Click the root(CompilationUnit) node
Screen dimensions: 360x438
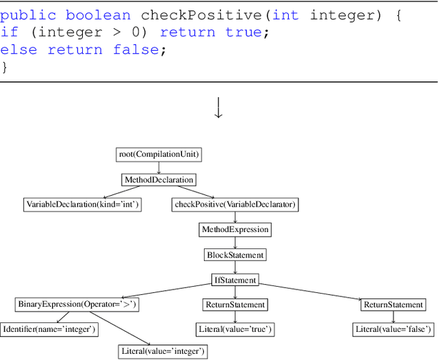(159, 155)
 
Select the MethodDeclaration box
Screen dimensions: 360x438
(159, 180)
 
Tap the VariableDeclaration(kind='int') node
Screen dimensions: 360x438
(82, 204)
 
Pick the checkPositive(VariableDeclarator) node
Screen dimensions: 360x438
(235, 204)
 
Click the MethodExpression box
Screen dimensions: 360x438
(235, 229)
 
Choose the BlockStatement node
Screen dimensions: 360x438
(235, 255)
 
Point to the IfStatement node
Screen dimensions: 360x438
(235, 280)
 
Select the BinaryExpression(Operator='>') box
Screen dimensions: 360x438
(77, 305)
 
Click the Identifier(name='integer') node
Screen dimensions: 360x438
(49, 329)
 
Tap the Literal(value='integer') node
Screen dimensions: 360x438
(162, 352)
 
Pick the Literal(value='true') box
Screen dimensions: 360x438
(235, 329)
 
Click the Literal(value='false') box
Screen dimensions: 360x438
(394, 329)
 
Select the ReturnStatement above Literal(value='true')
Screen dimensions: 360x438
(235, 305)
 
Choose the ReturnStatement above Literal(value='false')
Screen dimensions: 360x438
(394, 305)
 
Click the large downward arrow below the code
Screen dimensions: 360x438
(219, 108)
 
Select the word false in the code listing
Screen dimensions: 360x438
(136, 49)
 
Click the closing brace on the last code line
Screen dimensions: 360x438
(4, 66)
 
